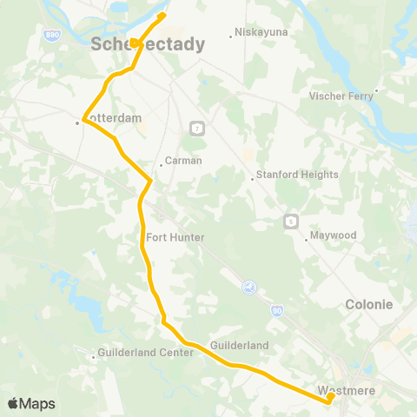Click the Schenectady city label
tap(149, 44)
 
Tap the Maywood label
tap(334, 235)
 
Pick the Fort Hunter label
tap(175, 237)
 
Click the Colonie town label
tap(369, 305)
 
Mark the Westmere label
tap(347, 391)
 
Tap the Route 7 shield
tap(197, 129)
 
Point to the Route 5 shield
tap(290, 221)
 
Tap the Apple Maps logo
tap(31, 403)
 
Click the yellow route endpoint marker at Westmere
tap(331, 397)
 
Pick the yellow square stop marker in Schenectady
tap(134, 43)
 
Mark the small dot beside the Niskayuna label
tap(230, 36)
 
